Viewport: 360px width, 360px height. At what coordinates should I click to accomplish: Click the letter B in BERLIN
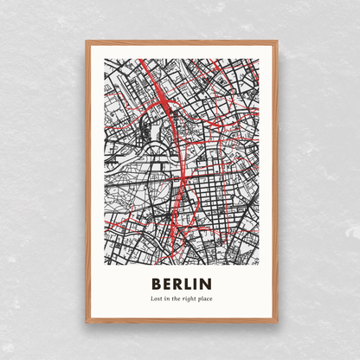point(157,284)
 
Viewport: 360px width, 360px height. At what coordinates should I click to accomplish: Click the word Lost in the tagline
point(156,299)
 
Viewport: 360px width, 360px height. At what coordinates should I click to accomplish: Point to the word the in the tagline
point(177,299)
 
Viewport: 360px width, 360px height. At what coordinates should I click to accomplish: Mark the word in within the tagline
point(167,299)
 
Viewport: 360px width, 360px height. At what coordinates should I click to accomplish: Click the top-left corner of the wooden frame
point(87,41)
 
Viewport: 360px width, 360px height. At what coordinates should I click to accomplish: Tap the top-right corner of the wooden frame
point(277,41)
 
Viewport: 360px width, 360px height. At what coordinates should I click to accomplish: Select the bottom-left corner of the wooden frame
point(87,322)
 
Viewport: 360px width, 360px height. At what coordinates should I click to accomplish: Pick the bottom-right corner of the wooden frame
point(277,322)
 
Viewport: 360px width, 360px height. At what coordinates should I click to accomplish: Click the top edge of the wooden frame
point(182,41)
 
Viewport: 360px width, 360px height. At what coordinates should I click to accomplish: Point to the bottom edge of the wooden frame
point(182,322)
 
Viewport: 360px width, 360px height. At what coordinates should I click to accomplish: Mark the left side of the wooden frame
point(87,182)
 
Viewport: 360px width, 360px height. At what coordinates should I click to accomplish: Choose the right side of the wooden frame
point(277,182)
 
